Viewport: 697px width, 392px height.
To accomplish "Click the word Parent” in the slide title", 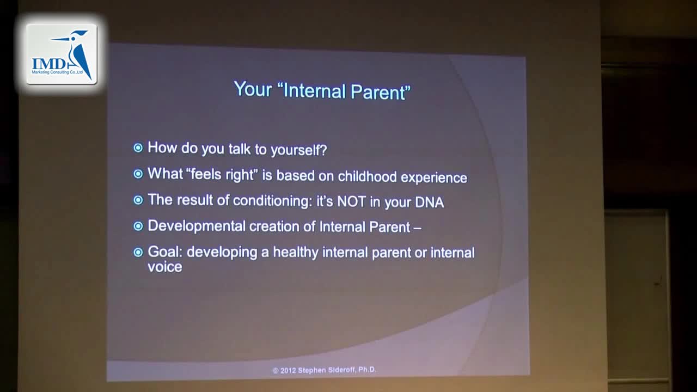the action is pos(381,92).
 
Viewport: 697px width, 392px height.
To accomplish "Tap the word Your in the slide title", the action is pos(253,89).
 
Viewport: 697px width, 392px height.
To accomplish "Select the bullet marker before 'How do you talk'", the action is pos(138,148).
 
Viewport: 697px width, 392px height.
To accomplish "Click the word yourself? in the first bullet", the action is pos(299,150).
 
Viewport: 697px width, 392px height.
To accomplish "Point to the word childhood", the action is pos(367,176).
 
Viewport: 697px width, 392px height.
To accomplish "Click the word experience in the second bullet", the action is pos(434,177).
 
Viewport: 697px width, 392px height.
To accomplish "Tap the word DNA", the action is pos(430,202).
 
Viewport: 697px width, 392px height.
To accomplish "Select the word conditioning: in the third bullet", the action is pos(273,201).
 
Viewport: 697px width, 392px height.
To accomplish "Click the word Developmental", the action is pos(197,226).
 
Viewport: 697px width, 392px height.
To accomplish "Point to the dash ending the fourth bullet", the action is pos(418,228).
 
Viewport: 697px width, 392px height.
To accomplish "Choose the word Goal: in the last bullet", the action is pos(165,252).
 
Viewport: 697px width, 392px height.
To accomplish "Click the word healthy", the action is pos(296,252).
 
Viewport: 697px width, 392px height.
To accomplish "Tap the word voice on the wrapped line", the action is pos(164,267).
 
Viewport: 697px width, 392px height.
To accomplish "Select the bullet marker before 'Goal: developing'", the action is pos(138,252).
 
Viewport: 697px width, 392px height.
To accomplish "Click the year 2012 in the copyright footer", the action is pos(288,371).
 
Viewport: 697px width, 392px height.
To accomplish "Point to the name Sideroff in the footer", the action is pos(341,370).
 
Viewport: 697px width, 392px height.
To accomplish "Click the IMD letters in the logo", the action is pos(49,64).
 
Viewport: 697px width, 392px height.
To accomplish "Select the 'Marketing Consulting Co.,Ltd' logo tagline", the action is pos(57,72).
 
